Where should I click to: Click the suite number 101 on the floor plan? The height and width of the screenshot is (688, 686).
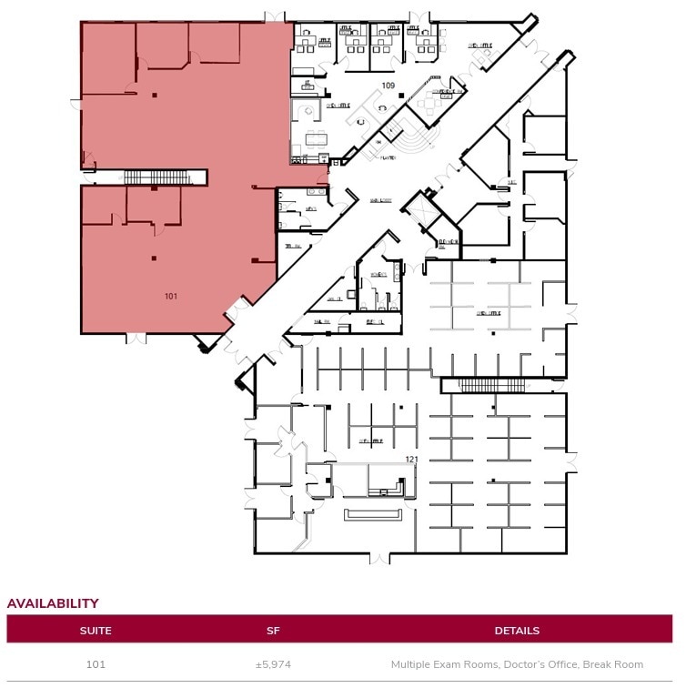coord(171,297)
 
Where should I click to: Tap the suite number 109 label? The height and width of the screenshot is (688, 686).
coord(388,86)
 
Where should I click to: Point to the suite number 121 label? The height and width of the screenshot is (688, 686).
coord(412,460)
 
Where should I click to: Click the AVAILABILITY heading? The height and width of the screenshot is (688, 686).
coord(53,603)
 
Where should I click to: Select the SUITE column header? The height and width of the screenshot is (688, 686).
coord(96,631)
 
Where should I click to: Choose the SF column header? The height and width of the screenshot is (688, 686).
coord(273,631)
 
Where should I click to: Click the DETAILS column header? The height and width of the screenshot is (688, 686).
coord(517,631)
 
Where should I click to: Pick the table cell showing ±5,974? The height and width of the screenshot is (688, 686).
coord(273,664)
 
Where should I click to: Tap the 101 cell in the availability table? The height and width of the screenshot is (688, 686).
coord(96,664)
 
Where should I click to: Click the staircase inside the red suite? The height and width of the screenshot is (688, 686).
coord(155,177)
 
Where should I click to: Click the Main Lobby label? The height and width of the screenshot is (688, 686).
coord(380,202)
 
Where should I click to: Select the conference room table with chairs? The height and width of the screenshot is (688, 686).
coord(316,139)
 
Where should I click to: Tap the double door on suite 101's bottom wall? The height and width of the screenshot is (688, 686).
coord(136,338)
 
